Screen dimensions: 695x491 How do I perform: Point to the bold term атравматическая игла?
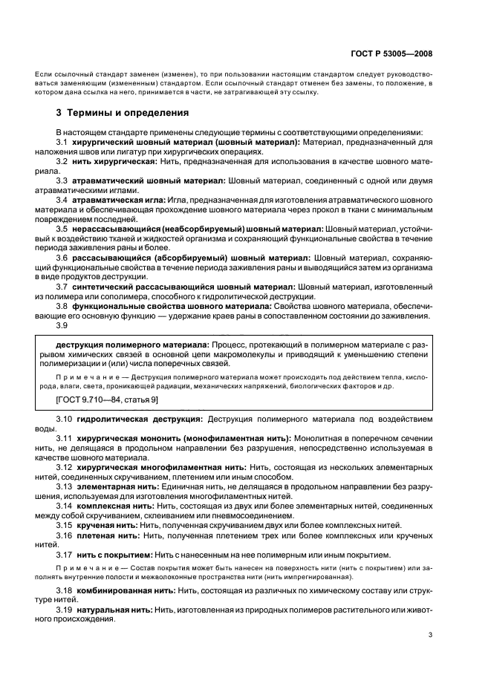click(120, 200)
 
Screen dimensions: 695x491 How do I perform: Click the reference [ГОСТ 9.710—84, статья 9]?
click(106, 399)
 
